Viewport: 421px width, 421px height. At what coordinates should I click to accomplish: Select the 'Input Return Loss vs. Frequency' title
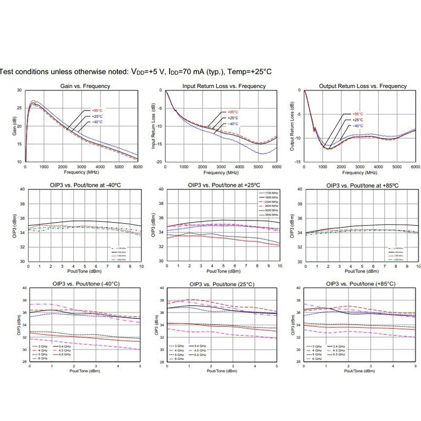[x=224, y=86]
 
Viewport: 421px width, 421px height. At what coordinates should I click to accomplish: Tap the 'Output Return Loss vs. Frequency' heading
[x=363, y=86]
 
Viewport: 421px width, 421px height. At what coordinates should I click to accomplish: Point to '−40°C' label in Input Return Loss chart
[x=233, y=124]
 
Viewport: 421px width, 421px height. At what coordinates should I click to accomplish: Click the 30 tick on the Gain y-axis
[x=19, y=91]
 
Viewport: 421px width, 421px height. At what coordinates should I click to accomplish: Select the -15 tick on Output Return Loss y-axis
[x=297, y=162]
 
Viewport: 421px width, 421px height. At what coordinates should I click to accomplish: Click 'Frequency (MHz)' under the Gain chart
[x=81, y=172]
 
